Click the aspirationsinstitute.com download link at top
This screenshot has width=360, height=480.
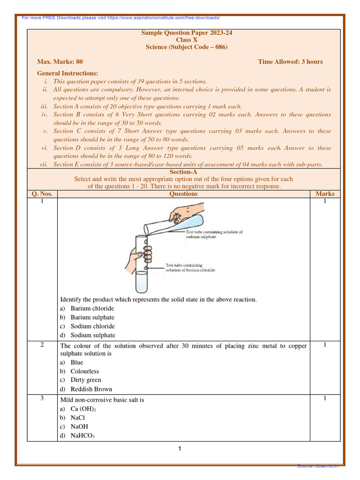(121, 18)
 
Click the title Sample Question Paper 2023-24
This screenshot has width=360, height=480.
(183, 33)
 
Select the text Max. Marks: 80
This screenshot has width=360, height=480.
(60, 61)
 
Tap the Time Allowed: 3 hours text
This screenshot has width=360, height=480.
(290, 61)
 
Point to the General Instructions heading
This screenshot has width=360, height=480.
(67, 73)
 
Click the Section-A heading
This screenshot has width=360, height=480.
(183, 172)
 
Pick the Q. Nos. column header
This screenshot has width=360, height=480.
(42, 194)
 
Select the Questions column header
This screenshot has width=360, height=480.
(183, 194)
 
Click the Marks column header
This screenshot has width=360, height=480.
(325, 194)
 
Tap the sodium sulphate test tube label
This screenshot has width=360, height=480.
(214, 234)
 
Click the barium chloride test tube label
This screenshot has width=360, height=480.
(190, 268)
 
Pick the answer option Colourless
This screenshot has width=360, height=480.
(84, 371)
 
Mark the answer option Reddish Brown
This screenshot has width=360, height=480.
(91, 389)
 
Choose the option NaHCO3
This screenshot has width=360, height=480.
(82, 436)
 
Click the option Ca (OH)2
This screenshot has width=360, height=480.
(83, 409)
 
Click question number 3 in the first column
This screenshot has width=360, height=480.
(42, 398)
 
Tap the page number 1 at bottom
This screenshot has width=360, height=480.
(180, 449)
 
